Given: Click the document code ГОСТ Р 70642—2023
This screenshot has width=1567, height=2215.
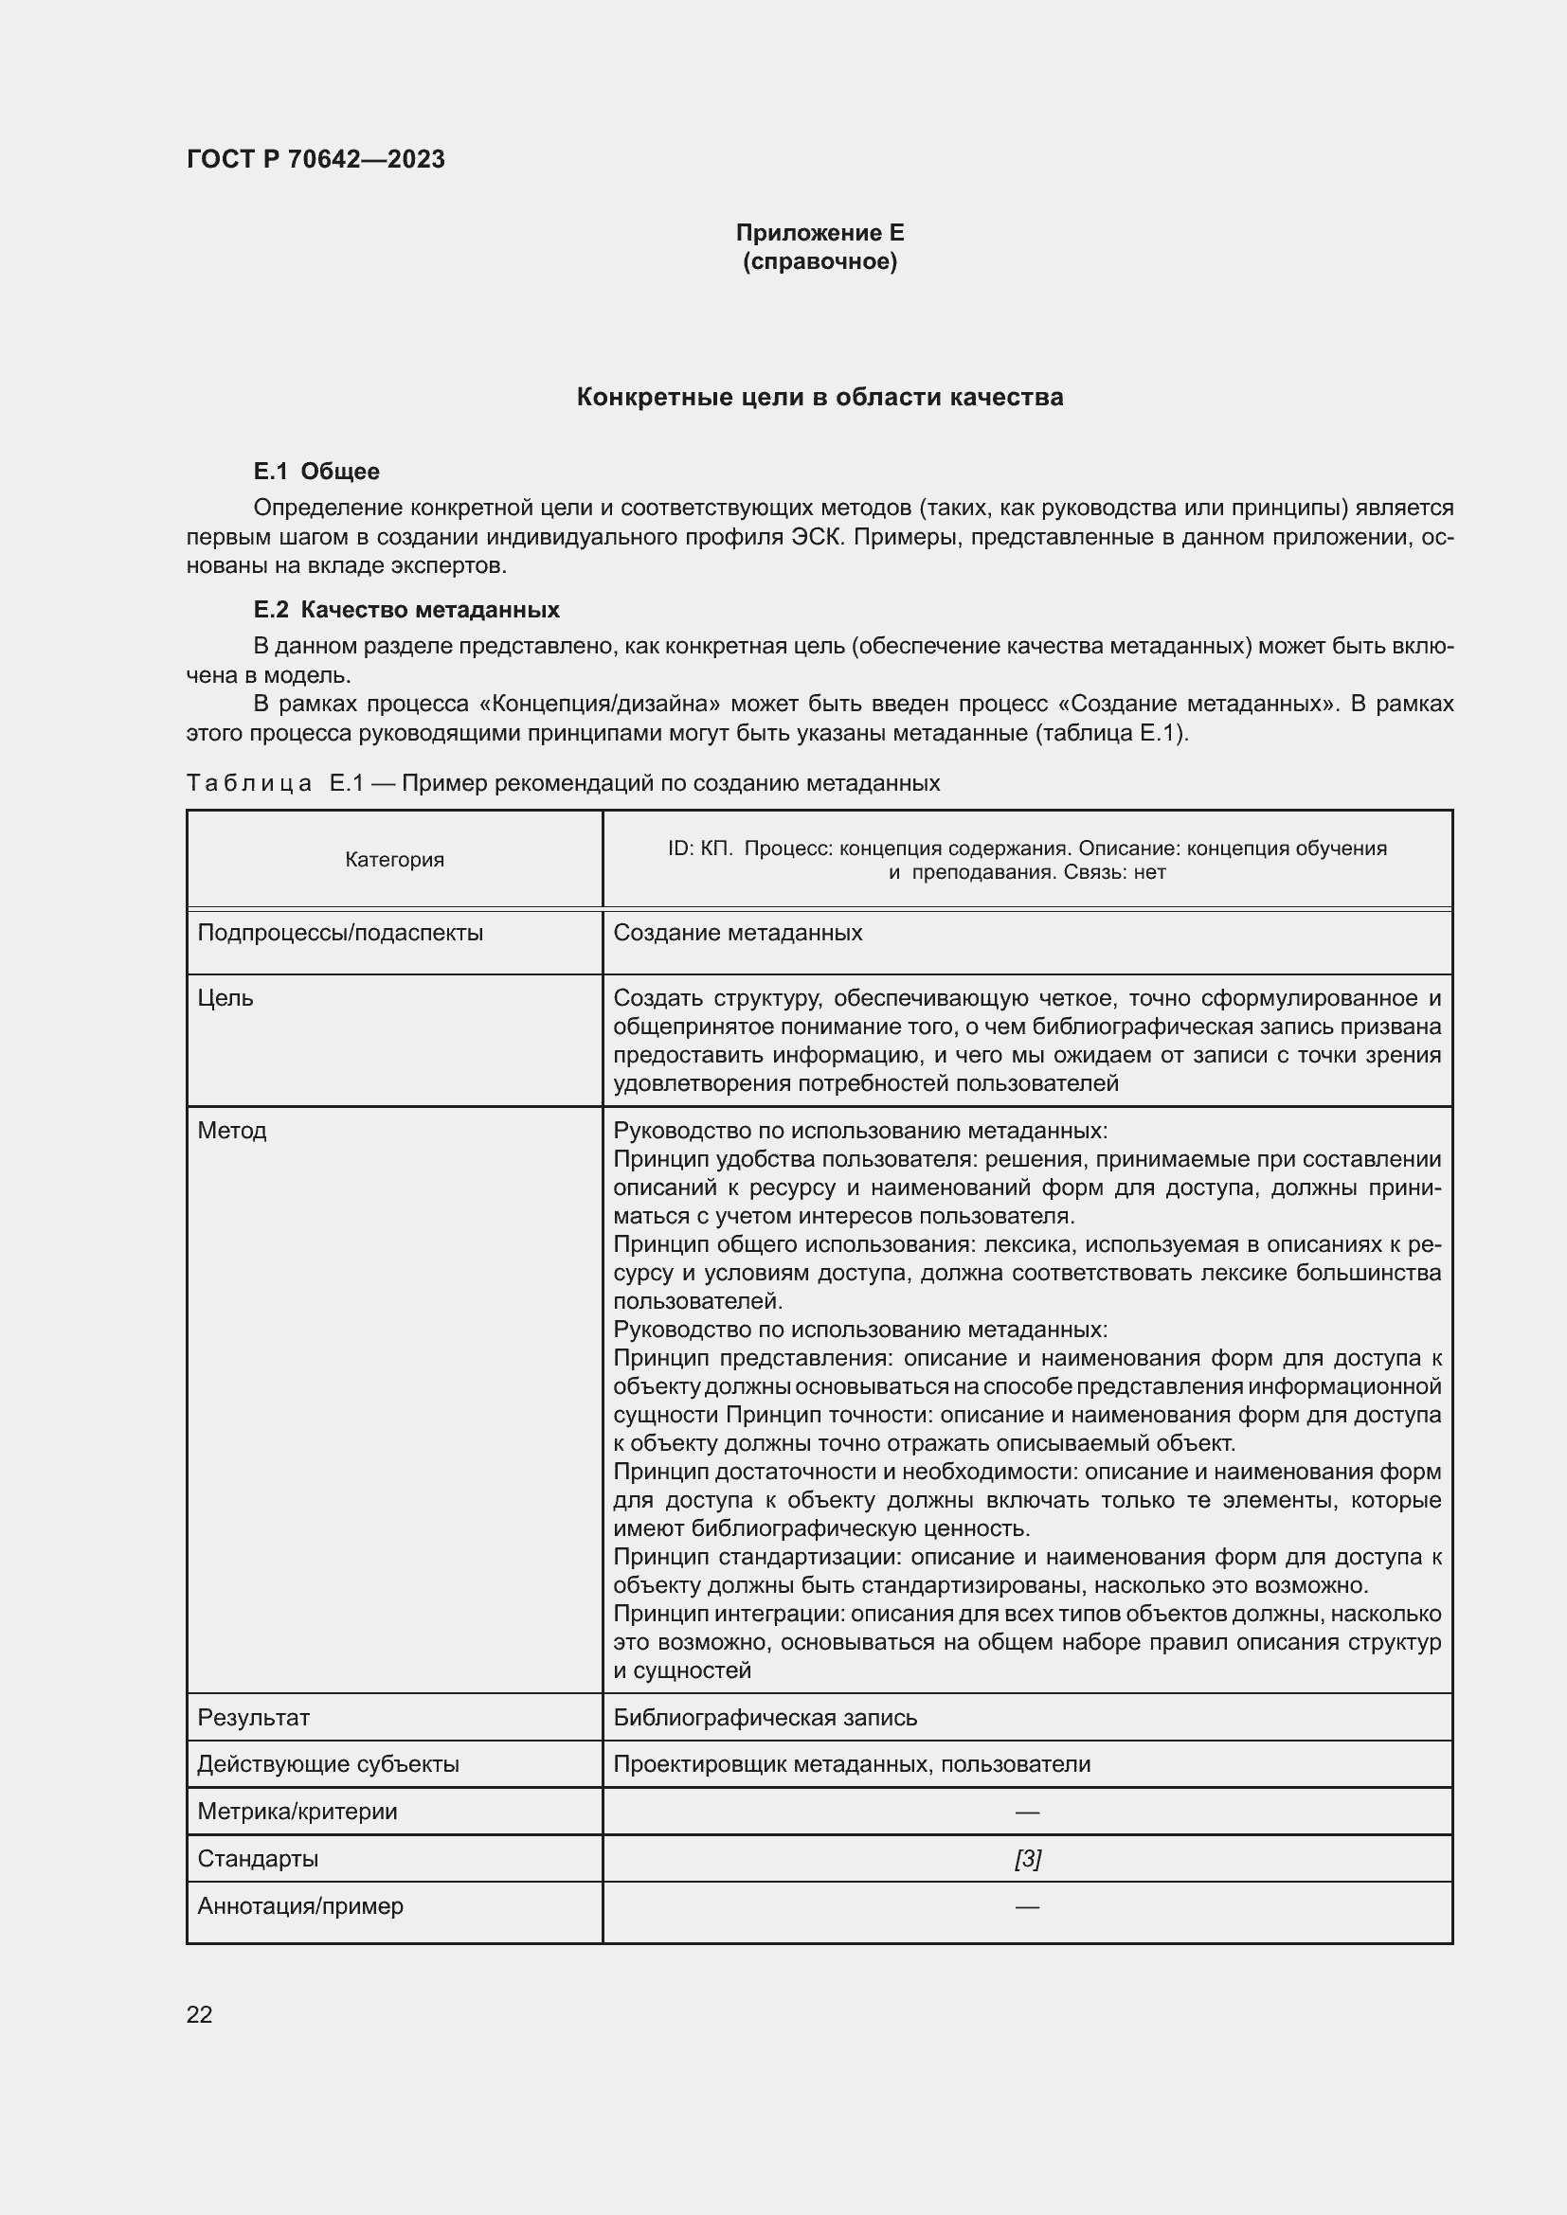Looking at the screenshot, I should coord(315,159).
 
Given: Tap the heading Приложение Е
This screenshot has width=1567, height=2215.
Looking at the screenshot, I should coord(820,233).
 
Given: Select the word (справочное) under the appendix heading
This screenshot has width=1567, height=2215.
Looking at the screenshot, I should coord(820,261).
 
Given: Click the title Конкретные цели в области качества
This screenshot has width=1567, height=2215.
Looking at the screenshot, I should coord(820,397).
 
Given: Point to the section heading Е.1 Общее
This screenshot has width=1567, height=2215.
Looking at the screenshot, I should coord(315,471).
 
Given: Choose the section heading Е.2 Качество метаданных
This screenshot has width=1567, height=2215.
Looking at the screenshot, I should coord(405,610).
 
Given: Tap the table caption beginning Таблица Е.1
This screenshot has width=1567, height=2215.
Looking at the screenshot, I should coord(563,782).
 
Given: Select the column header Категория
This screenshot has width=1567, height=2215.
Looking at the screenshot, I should coord(395,860).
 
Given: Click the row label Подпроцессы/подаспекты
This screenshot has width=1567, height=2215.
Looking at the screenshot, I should coord(340,933).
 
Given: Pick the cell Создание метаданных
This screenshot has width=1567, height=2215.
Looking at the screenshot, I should coord(737,933).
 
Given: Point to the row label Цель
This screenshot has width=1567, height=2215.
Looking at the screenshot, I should coord(225,997).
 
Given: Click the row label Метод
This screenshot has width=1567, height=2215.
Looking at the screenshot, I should coord(231,1130).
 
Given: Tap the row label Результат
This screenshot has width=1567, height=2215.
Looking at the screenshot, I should coord(253,1717).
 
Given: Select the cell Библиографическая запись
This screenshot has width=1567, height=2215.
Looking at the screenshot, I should coord(765,1717).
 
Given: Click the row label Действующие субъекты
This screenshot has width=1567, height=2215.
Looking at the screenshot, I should coord(328,1763).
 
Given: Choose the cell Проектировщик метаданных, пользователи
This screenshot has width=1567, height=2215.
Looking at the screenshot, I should coord(851,1763).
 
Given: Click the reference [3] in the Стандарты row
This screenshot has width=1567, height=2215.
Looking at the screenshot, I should coord(1027,1858).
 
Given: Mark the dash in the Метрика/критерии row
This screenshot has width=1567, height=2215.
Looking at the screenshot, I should coord(1027,1812).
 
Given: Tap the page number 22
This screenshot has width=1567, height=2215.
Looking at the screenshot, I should coord(199,2014).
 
